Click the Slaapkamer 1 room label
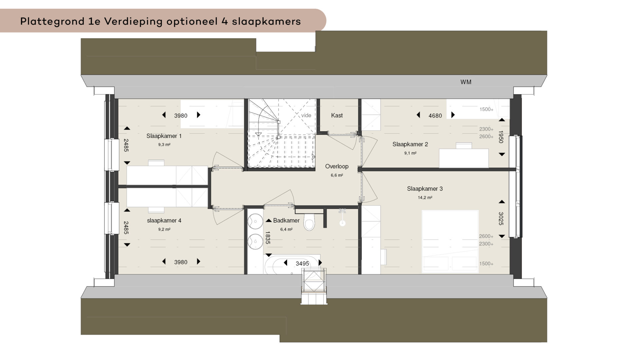[x=164, y=136]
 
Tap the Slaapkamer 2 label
[x=410, y=144]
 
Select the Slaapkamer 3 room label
[x=425, y=189]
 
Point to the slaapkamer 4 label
[x=164, y=221]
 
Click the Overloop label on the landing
[x=337, y=166]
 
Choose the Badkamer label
[x=286, y=220]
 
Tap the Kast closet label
[x=337, y=115]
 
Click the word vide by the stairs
[x=306, y=115]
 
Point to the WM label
[x=466, y=82]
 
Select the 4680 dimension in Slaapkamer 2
[x=435, y=116]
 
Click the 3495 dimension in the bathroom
[x=302, y=264]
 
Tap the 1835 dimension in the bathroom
[x=267, y=238]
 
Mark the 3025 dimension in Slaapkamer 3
[x=501, y=219]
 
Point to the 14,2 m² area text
[x=425, y=198]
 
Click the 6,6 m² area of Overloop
[x=337, y=175]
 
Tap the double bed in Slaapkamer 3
[x=450, y=242]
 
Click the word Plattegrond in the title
[x=52, y=22]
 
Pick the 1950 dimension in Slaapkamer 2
[x=501, y=137]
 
